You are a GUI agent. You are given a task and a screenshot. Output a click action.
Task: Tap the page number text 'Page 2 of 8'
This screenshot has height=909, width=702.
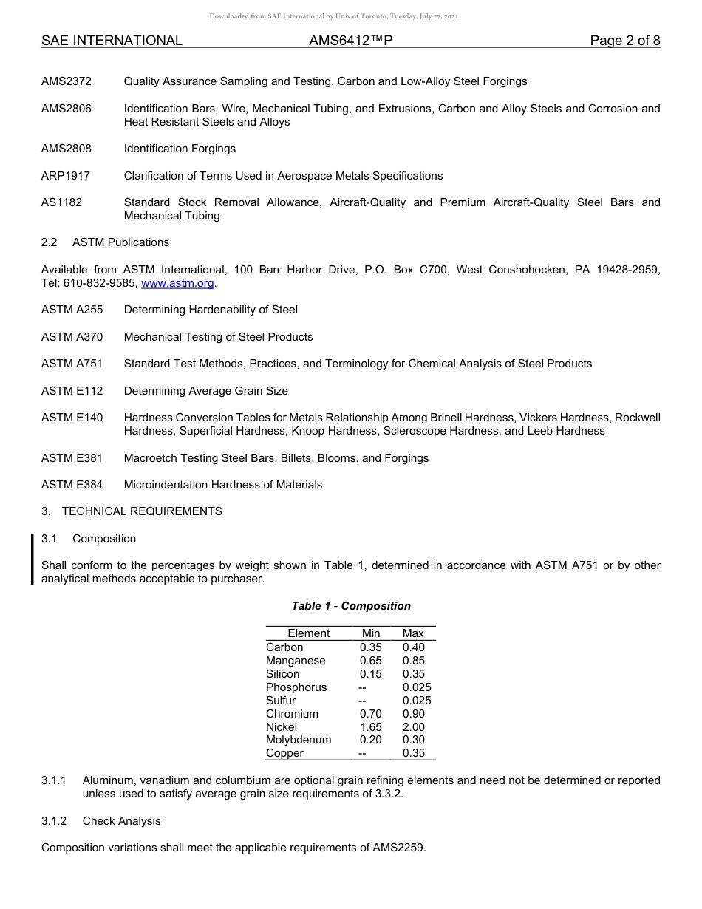point(624,41)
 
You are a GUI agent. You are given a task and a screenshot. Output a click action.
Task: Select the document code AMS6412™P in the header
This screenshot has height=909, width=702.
point(350,41)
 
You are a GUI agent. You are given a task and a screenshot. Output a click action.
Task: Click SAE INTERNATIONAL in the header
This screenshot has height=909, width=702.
point(112,41)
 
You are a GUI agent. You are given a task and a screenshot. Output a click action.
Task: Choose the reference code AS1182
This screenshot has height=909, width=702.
point(61,202)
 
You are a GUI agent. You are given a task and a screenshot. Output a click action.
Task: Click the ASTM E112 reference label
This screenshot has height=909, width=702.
point(72,391)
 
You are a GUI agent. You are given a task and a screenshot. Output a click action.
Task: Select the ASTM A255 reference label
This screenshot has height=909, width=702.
point(72,310)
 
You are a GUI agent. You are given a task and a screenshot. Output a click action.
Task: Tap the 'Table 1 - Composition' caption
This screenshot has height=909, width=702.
point(351,606)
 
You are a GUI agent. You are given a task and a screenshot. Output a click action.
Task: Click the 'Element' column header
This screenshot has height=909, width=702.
point(309,633)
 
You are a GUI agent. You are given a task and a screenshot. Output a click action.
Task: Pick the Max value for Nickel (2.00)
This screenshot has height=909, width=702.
point(413,727)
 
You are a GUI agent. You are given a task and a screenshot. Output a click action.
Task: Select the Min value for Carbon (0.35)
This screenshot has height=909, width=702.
point(371,647)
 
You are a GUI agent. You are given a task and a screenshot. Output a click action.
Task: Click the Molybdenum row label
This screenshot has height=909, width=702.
point(299,740)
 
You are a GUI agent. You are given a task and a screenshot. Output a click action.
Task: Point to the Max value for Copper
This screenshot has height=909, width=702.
point(413,753)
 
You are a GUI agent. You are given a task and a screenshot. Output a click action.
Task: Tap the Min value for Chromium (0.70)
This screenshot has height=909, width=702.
point(371,714)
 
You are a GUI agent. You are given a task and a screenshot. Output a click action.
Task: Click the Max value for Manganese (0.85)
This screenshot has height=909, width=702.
point(413,661)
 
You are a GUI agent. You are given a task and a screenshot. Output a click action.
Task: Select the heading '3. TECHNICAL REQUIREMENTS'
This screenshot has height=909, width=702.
point(132,511)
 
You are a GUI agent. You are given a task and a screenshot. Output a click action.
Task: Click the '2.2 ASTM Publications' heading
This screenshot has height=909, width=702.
point(105,242)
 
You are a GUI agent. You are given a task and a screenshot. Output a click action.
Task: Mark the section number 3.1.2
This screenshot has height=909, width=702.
point(54,821)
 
